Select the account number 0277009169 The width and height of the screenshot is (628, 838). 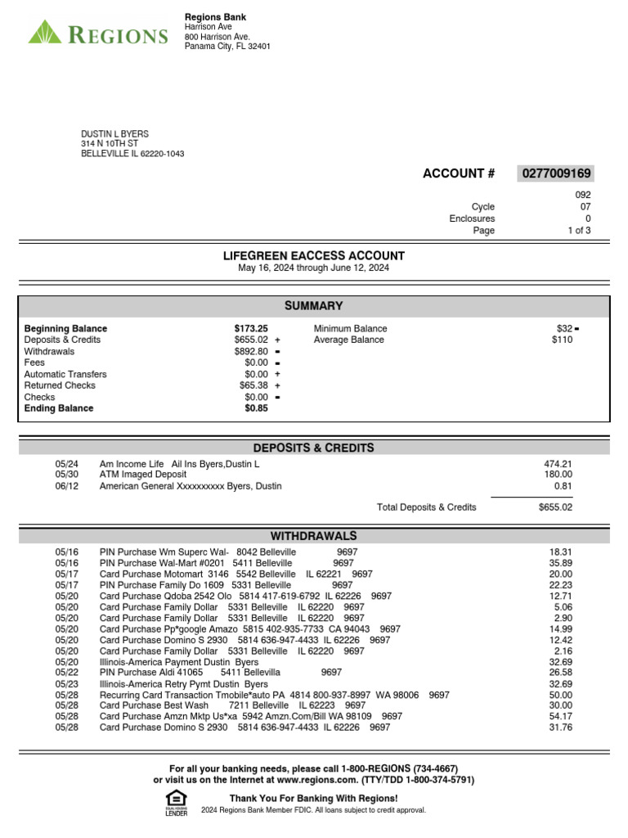coord(555,173)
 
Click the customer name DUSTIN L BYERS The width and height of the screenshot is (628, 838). coord(114,134)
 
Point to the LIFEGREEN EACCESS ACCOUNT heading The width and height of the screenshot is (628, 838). coord(314,256)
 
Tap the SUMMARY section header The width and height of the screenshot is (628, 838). coord(314,306)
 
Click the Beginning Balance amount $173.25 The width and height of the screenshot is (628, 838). coord(251,329)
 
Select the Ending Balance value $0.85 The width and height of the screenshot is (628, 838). coord(256,408)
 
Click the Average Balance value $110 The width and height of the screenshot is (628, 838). coord(562,340)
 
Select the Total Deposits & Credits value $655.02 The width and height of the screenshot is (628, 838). coord(555,507)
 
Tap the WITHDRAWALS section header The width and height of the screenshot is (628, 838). coord(314,536)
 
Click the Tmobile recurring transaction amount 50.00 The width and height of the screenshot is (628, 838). coord(561,695)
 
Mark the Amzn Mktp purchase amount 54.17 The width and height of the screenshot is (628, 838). coord(561,716)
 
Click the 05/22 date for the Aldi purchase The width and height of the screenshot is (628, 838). coord(66,673)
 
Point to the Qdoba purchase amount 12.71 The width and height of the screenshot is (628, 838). coord(561,597)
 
